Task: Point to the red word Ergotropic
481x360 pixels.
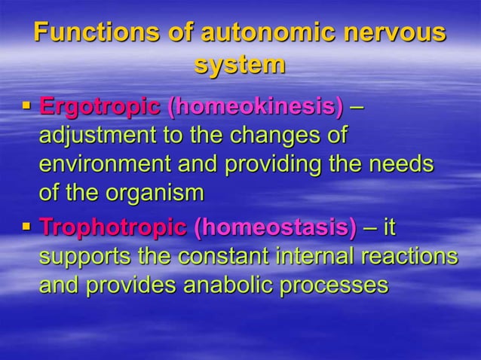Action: pos(100,107)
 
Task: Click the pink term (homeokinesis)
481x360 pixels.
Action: pos(256,107)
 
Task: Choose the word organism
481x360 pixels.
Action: pos(158,194)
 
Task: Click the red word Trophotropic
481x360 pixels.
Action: pos(112,227)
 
